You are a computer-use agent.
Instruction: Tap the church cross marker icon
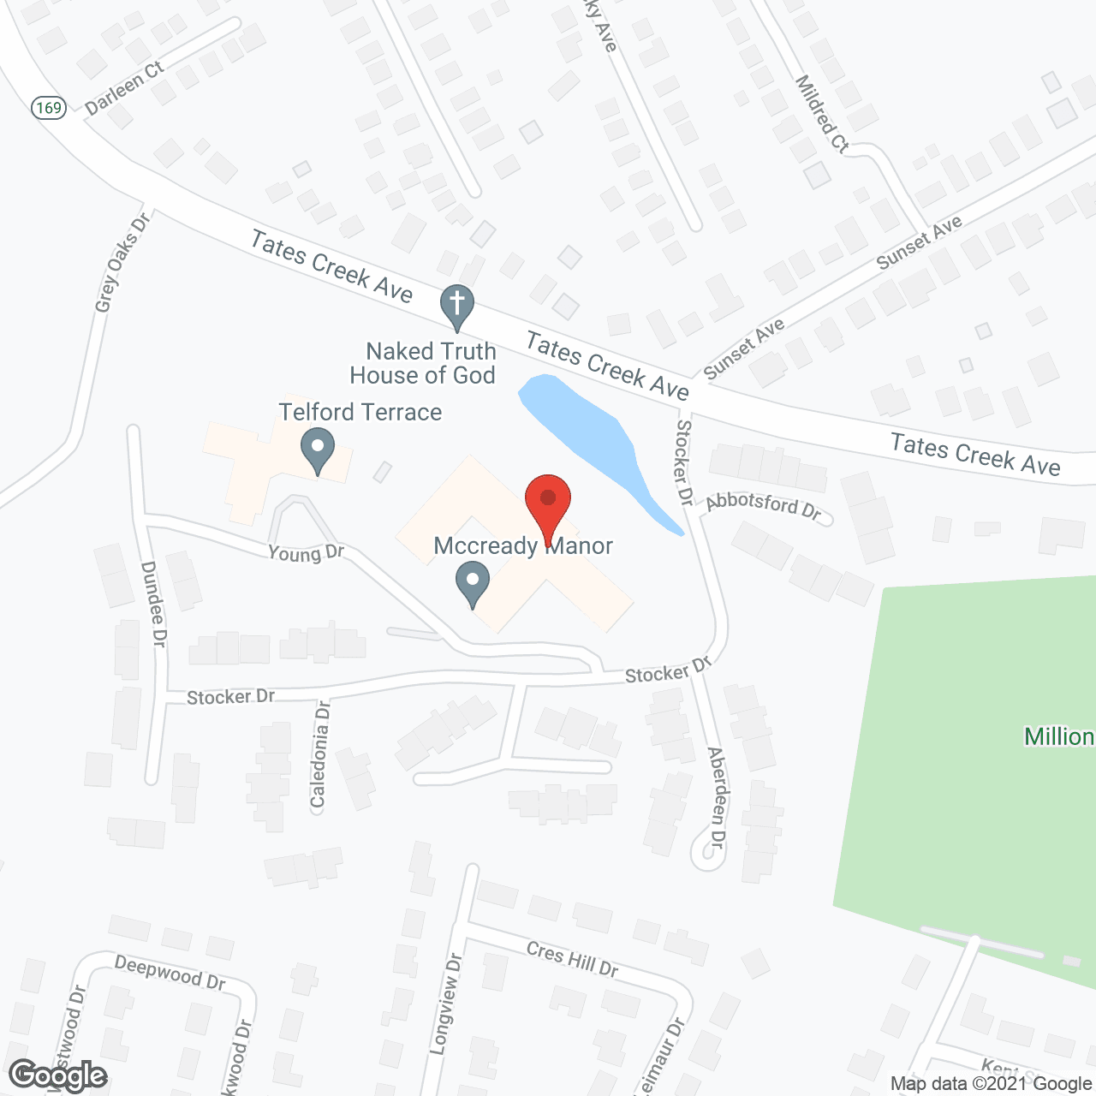point(457,306)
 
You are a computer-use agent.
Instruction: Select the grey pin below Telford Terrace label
point(318,450)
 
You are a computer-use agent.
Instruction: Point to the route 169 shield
point(49,107)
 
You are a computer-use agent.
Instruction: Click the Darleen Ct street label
point(124,88)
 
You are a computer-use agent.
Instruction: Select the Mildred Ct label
point(822,114)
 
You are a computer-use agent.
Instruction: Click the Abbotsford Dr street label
point(763,505)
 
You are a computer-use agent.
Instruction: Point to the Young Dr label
point(306,553)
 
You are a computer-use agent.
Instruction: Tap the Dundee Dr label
point(154,604)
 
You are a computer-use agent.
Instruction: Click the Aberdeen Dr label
point(717,796)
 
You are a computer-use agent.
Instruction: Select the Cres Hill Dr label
point(572,959)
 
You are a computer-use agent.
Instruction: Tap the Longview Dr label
point(445,1004)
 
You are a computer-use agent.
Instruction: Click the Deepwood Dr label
point(170,973)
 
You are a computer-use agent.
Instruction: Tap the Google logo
point(57,1075)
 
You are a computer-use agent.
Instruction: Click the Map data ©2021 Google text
point(991,1084)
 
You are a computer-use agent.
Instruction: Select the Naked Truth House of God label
point(423,363)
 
